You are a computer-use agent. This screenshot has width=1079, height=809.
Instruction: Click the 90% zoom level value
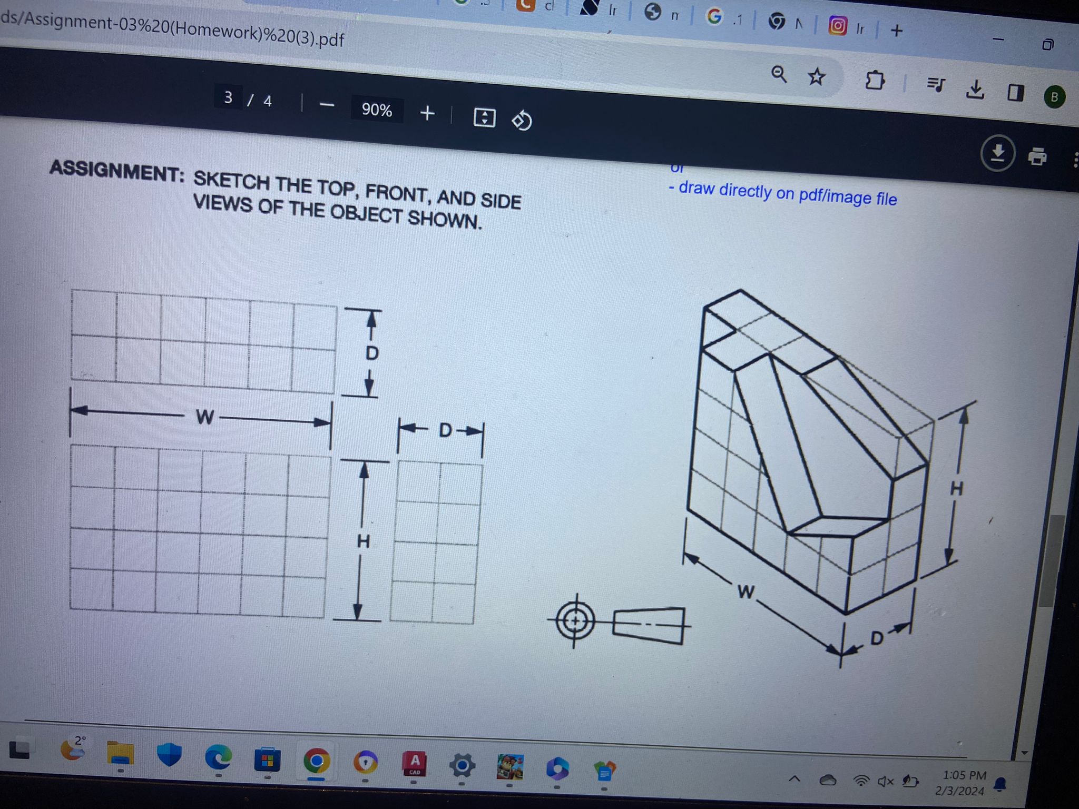coord(377,110)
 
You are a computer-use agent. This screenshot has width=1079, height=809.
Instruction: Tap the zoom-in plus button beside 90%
coord(427,113)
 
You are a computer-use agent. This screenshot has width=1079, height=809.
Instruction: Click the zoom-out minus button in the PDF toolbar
coord(327,105)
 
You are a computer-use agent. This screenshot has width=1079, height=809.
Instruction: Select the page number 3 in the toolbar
coord(228,97)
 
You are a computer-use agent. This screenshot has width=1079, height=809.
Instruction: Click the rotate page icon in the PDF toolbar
coord(522,121)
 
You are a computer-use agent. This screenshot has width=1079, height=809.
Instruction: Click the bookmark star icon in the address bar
coord(816,77)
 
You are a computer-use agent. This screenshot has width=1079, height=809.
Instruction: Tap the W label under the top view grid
coord(205,417)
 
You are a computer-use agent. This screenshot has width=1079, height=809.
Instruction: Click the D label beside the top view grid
coord(372,353)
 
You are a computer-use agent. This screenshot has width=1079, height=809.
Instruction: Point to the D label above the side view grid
coord(445,430)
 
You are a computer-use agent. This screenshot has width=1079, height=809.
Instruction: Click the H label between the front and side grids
coord(364,541)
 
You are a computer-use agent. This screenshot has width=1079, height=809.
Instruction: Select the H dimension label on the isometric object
coord(956,489)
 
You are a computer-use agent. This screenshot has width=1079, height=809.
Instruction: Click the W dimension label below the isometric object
coord(746,591)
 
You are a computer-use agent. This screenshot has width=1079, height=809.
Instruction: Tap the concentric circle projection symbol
coord(575,621)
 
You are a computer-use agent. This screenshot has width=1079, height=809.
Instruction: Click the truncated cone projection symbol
coord(649,626)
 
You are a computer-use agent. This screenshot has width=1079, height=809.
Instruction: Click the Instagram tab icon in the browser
coord(837,25)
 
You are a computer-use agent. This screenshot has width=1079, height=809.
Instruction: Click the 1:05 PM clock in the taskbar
coord(964,775)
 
